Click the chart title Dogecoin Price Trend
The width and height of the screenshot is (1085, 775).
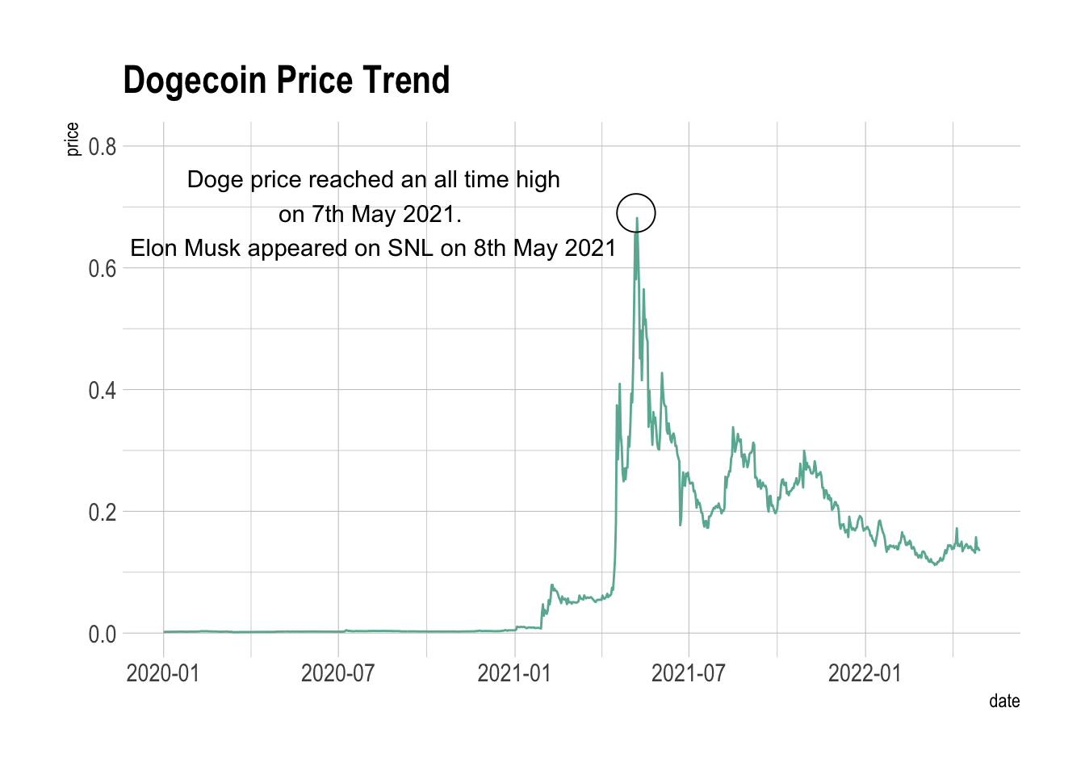286,81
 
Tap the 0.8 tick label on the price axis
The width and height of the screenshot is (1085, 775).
103,147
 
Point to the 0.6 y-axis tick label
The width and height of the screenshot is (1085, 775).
103,269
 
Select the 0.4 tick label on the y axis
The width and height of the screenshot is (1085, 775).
103,391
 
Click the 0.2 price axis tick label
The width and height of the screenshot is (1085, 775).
103,513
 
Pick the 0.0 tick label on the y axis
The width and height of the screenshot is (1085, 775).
103,635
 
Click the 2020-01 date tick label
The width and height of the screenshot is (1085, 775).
163,673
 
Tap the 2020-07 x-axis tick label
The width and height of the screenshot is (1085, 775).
337,673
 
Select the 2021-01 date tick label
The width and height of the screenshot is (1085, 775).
514,673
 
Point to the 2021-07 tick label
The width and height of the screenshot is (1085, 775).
689,673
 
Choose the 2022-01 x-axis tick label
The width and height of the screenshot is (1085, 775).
865,673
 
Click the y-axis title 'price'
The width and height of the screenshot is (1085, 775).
73,139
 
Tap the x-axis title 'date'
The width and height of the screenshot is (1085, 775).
1004,701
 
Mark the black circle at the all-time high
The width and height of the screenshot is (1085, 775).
636,214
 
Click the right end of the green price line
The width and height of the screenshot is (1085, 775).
978,550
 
